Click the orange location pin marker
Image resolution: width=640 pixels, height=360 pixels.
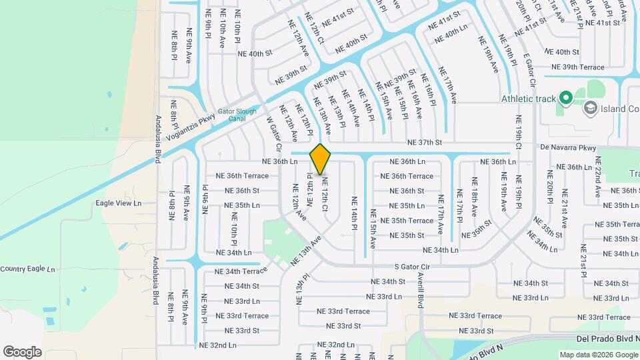[x=321, y=159]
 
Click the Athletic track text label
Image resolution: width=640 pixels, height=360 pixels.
[x=529, y=100]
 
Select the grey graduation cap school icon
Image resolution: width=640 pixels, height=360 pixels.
[x=590, y=108]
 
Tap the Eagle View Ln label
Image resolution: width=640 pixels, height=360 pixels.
[x=119, y=203]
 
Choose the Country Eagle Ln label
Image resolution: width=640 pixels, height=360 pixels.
[x=27, y=269]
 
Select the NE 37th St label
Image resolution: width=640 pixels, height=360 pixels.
[x=425, y=143]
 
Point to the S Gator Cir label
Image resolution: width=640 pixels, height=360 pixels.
[x=414, y=267]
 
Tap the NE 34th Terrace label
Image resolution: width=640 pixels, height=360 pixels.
[x=241, y=272]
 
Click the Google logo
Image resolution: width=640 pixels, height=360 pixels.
[x=22, y=351]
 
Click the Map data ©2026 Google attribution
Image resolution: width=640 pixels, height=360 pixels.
[x=598, y=355]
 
